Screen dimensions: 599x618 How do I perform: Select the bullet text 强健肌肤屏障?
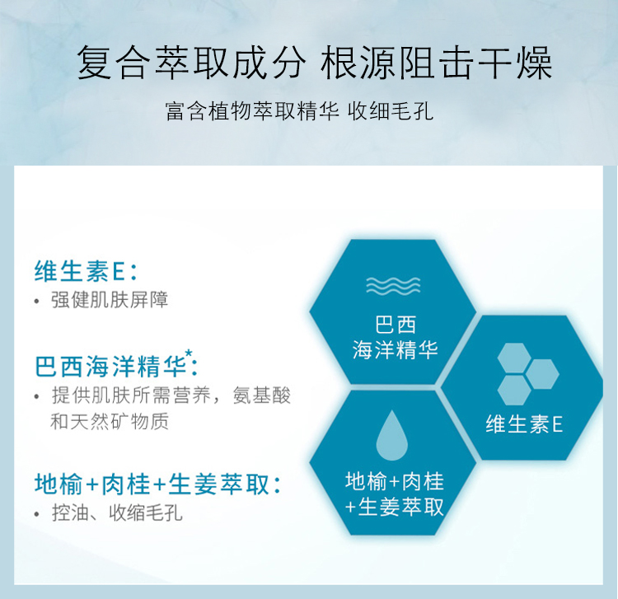[110, 301]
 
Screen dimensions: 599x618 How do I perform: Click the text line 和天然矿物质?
[110, 422]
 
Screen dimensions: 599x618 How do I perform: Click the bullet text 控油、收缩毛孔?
[117, 513]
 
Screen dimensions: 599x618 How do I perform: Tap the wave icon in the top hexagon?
[393, 286]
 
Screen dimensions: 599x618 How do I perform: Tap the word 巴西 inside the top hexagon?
[393, 322]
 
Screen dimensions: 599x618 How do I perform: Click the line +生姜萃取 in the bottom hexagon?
[394, 506]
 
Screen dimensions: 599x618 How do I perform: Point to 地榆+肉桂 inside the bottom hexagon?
[394, 480]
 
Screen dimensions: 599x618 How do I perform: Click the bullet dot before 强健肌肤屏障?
[37, 302]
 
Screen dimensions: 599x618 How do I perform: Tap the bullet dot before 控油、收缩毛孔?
[37, 514]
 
